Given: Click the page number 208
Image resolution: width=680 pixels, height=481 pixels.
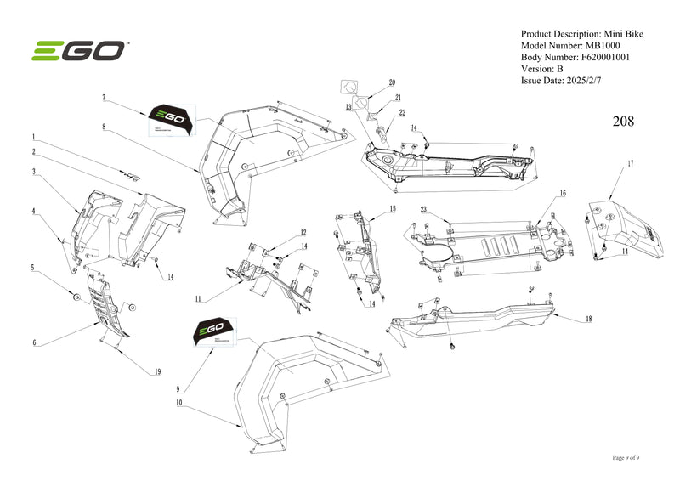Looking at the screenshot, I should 623,121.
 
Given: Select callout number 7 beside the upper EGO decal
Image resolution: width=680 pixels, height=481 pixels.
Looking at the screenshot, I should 103,99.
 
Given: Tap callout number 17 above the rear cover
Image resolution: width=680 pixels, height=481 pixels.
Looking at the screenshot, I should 630,162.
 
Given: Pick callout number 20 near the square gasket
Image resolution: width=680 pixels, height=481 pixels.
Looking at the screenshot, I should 393,82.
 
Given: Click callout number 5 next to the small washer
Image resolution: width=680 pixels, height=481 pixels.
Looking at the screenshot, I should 33,268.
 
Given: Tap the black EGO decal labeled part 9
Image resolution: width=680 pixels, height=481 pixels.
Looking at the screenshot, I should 210,331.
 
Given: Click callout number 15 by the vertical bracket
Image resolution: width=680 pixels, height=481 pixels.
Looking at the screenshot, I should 393,208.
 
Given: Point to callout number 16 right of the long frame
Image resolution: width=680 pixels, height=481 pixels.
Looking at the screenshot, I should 562,194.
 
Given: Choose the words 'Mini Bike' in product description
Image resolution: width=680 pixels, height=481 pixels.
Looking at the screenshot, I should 622,33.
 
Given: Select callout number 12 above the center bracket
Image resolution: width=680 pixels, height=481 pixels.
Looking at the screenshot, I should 303,232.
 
